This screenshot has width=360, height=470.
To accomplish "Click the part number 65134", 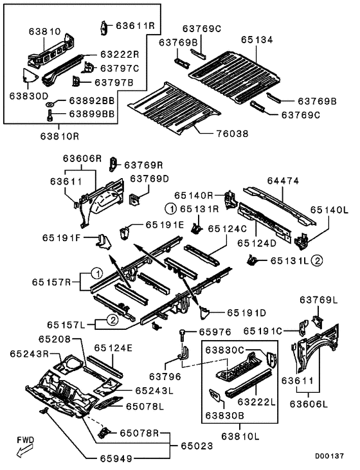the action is coord(257,40).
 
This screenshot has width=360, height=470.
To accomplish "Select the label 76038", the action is coord(233,133).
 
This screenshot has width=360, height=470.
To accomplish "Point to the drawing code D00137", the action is coord(329,456).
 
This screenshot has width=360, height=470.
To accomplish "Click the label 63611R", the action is coord(136,26).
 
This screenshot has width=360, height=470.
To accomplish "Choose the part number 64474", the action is coord(283,181).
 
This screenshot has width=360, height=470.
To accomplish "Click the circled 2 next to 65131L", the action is coord(317,261).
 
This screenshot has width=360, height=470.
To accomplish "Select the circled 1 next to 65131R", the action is coord(171,208).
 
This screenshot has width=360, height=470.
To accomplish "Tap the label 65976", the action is coord(215,332).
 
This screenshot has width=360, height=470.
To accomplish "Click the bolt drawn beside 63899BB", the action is coord(50,115).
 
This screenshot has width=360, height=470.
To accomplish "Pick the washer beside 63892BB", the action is coord(49,104).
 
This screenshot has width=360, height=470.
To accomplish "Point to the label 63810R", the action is coord(60,136).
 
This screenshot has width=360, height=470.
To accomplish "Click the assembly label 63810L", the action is coord(240,436).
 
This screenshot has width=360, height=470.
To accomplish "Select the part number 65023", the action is coord(197,446).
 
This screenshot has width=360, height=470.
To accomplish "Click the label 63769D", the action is coord(150,179).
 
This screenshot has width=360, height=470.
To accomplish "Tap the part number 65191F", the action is coord(62,238).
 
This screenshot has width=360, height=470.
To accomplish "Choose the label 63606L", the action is coord(309,404).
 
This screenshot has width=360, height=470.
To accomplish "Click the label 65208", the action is coord(55,339).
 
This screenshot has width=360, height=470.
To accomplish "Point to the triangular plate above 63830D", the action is coord(30,76).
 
